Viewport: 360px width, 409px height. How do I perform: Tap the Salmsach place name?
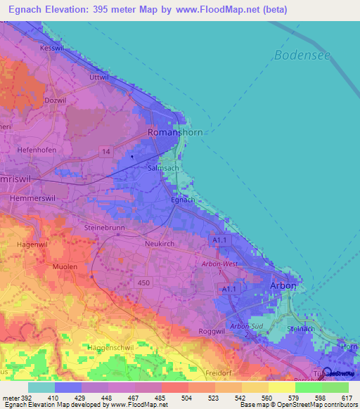click(164, 169)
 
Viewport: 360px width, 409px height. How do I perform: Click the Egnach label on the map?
click(183, 200)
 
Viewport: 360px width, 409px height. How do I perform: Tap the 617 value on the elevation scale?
click(347, 398)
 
